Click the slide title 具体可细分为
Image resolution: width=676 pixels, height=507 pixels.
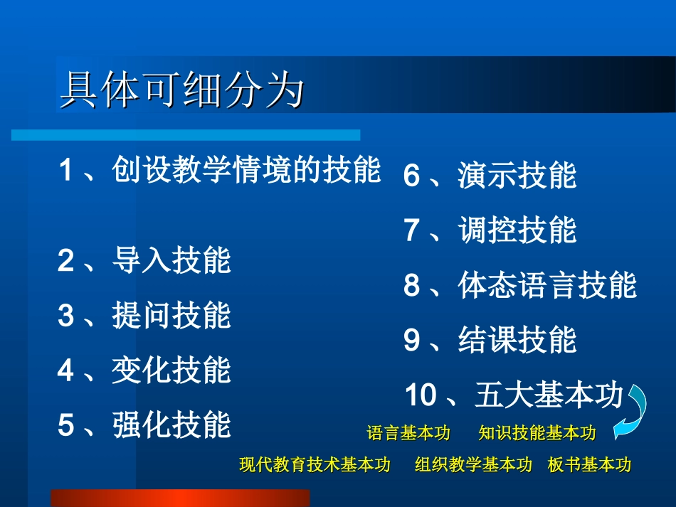click(182, 90)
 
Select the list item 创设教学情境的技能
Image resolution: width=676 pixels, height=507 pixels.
click(246, 171)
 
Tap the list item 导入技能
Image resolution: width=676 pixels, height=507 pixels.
click(171, 261)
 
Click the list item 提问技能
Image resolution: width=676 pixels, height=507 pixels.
click(171, 316)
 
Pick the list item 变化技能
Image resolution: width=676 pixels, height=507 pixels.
click(171, 370)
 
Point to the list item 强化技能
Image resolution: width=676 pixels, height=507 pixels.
click(171, 425)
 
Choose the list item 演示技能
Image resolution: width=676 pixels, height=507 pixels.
click(517, 176)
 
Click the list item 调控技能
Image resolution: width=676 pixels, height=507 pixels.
click(517, 230)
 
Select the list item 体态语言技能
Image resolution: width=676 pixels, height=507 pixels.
click(546, 285)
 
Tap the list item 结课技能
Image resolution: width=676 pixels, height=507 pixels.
click(517, 340)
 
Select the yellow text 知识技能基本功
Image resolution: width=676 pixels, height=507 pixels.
click(537, 433)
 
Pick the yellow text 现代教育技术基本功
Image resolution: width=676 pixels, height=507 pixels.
click(315, 465)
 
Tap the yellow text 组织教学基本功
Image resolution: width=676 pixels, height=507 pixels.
click(473, 465)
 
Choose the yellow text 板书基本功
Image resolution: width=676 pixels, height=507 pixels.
click(589, 465)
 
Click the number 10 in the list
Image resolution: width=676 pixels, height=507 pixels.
click(420, 395)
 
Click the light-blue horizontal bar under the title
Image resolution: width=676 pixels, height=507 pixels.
click(186, 134)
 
